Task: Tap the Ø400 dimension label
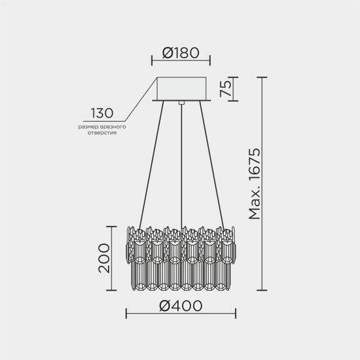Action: (180, 305)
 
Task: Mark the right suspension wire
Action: (213, 164)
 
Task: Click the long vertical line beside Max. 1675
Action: (264, 183)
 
